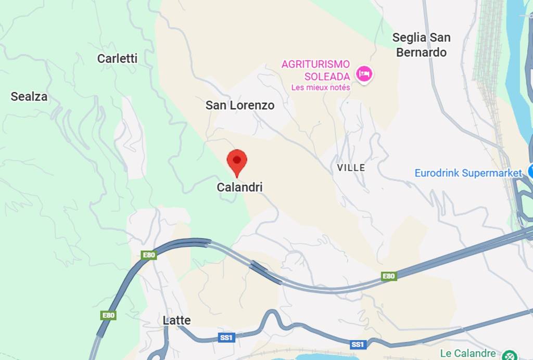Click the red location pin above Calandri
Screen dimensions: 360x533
point(237,161)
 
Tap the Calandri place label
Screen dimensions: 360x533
point(239,187)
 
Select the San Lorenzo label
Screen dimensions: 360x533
point(239,105)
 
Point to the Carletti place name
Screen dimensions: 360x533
point(117,59)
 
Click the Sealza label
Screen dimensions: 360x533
point(29,96)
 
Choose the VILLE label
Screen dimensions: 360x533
point(351,168)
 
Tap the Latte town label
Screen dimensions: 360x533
point(176,320)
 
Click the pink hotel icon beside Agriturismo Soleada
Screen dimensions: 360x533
point(364,74)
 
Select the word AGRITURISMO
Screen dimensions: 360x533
point(315,64)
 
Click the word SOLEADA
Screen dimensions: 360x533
point(327,76)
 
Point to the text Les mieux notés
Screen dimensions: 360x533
point(321,87)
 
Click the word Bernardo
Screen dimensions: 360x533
point(421,52)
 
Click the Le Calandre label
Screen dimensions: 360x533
point(467,354)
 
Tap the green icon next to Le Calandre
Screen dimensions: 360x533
point(508,355)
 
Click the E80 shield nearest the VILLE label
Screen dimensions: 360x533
point(389,276)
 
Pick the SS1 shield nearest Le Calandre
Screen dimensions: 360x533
point(357,344)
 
